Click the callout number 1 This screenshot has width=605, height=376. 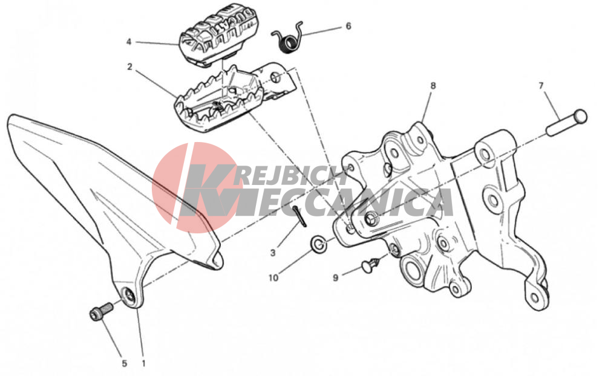(143, 363)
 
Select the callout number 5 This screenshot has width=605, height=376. (124, 363)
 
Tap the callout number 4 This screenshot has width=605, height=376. (129, 42)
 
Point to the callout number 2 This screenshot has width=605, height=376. (129, 66)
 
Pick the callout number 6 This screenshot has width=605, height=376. (348, 26)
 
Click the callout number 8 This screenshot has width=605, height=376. (433, 86)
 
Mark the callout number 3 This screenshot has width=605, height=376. (273, 253)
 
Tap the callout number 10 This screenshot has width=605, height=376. (273, 277)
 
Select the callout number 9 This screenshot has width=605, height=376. (335, 277)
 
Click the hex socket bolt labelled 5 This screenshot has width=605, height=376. (101, 311)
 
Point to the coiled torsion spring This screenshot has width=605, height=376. (289, 37)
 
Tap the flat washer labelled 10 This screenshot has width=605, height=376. (318, 244)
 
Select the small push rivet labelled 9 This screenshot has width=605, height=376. (371, 265)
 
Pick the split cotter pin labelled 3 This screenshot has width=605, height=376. (299, 216)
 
